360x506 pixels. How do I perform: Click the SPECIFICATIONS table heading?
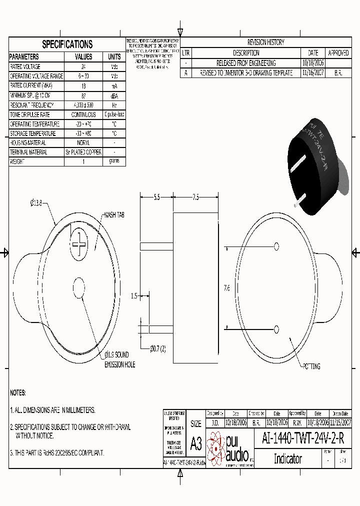[67, 44]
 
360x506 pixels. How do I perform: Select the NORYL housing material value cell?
[83, 143]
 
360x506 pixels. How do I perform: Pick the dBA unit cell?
[114, 95]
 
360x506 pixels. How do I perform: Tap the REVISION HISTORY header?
[265, 42]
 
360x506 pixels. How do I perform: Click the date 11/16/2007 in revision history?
[313, 73]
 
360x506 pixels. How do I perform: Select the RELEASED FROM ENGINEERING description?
[245, 63]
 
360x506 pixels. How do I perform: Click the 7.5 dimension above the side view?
[195, 197]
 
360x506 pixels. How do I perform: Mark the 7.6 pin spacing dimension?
[226, 288]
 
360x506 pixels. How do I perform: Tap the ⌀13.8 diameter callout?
[38, 203]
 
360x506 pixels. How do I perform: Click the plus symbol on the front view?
[79, 244]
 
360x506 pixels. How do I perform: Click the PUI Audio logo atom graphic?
[216, 446]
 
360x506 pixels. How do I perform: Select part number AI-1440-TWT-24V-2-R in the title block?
[303, 439]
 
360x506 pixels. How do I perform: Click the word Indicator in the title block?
[287, 458]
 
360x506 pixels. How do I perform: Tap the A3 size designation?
[196, 443]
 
